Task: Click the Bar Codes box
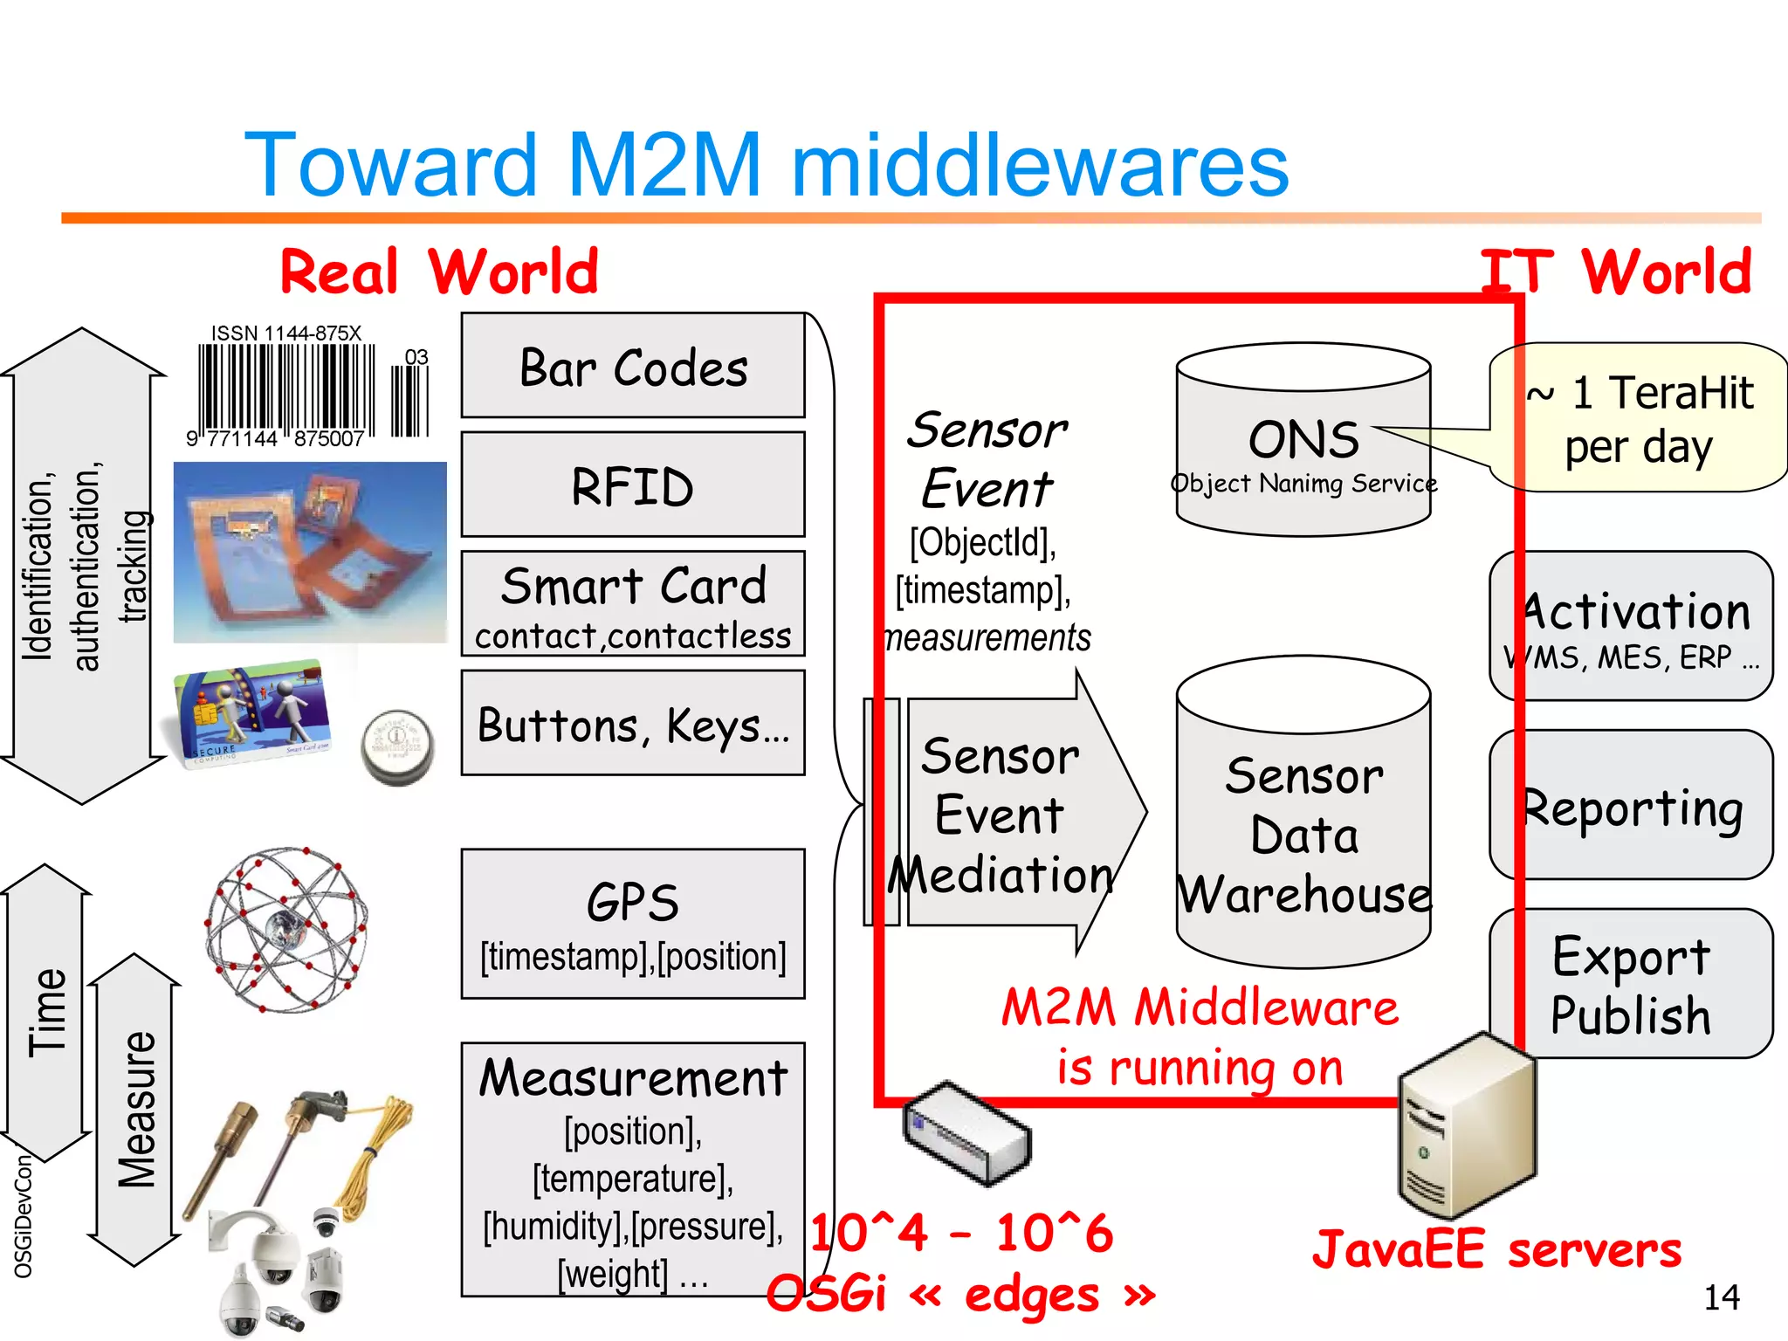pyautogui.click(x=633, y=366)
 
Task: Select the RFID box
pyautogui.click(x=633, y=485)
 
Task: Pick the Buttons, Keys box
pyautogui.click(x=633, y=723)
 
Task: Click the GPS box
pyautogui.click(x=633, y=924)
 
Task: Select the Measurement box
pyautogui.click(x=633, y=1170)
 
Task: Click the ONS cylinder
pyautogui.click(x=1303, y=441)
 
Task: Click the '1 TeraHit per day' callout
pyautogui.click(x=1640, y=417)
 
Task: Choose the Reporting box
pyautogui.click(x=1631, y=805)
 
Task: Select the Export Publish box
pyautogui.click(x=1631, y=984)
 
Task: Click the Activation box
pyautogui.click(x=1631, y=626)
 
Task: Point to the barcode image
pyautogui.click(x=306, y=389)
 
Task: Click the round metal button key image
pyautogui.click(x=397, y=747)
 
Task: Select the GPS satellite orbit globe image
pyautogui.click(x=286, y=928)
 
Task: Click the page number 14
pyautogui.click(x=1721, y=1297)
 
